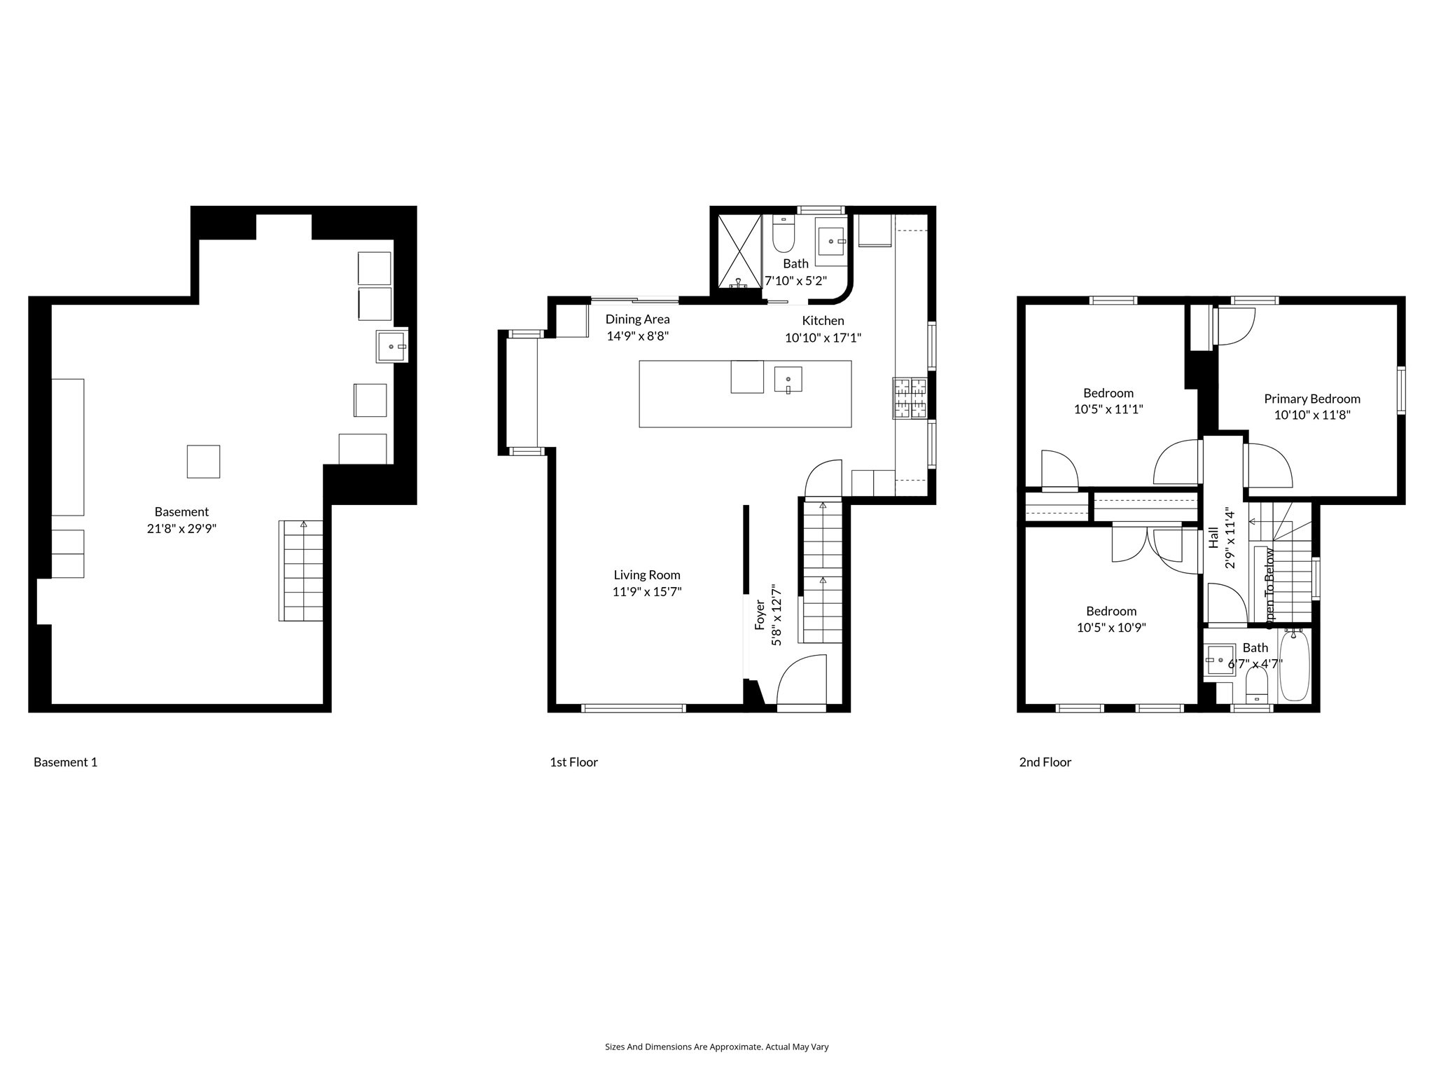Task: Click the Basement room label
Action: [x=181, y=512]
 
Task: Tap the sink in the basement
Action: [x=391, y=346]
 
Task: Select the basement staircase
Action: [x=301, y=571]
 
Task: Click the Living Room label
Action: [x=647, y=575]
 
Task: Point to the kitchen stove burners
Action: [x=910, y=398]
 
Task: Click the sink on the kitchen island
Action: [x=788, y=380]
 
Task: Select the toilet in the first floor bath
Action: [x=783, y=236]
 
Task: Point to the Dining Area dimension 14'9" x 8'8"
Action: [x=637, y=336]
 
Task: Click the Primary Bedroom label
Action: [x=1311, y=399]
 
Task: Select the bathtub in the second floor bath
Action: [x=1295, y=665]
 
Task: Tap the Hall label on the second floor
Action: [x=1214, y=537]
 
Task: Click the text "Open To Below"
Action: [x=1269, y=585]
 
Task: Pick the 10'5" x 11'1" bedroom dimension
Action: [x=1108, y=409]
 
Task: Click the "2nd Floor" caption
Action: [x=1045, y=762]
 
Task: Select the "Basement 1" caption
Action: [x=65, y=762]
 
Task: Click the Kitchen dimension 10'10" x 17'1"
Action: [x=823, y=338]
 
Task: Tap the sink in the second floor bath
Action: [x=1220, y=660]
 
